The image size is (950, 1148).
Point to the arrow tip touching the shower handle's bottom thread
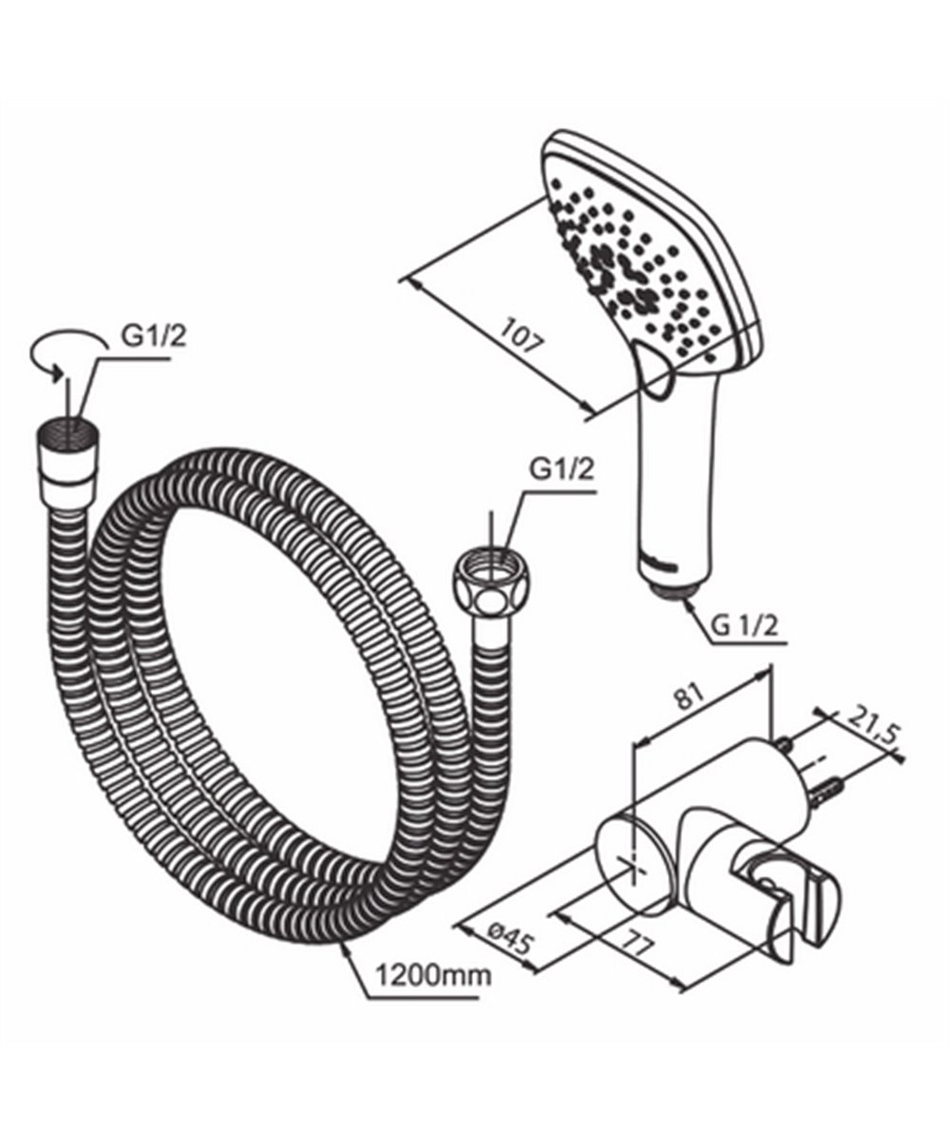pyautogui.click(x=684, y=602)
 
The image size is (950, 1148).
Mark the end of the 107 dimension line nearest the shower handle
pyautogui.click(x=593, y=412)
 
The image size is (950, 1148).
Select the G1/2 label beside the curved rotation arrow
pyautogui.click(x=154, y=336)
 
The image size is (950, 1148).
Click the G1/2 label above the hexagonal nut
pyautogui.click(x=561, y=471)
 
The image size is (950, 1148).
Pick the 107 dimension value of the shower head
pyautogui.click(x=522, y=335)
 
